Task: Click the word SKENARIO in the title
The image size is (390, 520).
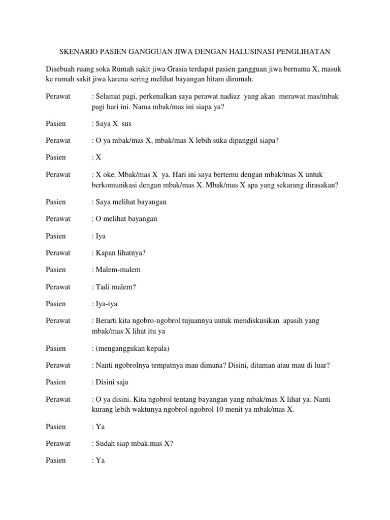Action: (x=79, y=51)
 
